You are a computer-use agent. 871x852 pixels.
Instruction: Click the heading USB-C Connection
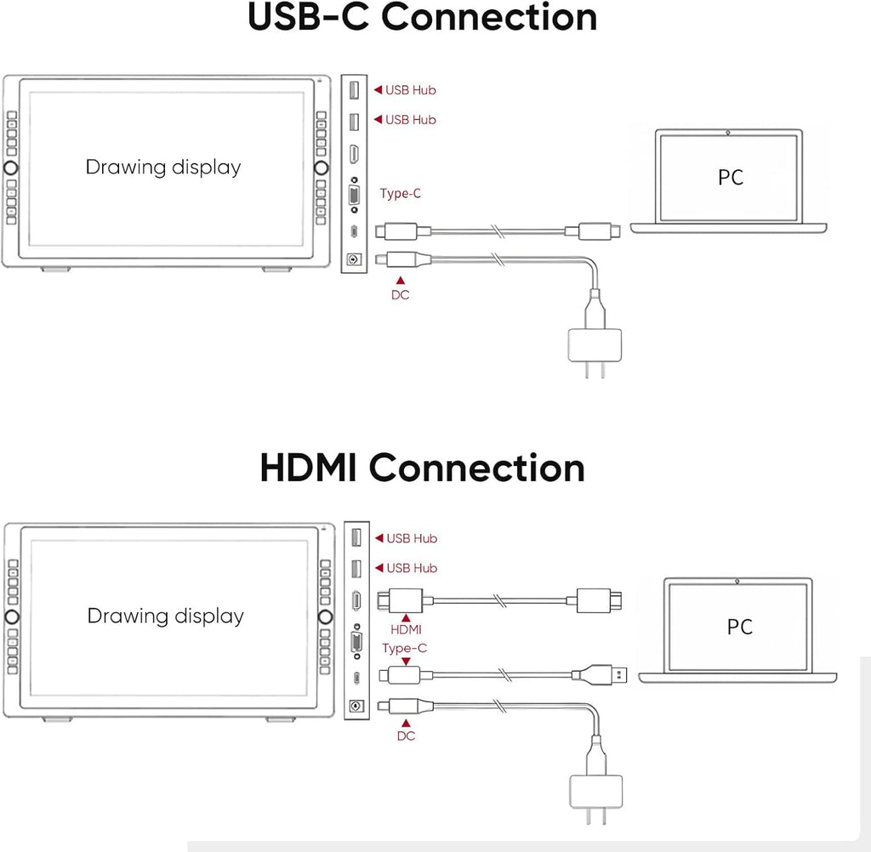pos(422,19)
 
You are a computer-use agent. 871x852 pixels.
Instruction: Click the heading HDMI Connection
pos(422,468)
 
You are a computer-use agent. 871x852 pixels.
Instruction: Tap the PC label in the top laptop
pos(730,178)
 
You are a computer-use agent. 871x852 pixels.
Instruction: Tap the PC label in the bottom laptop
pos(739,627)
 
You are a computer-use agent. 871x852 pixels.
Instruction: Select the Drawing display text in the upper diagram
pos(163,168)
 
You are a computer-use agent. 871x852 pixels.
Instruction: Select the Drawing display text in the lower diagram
pos(166,616)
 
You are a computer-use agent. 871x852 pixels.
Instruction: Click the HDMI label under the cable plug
pos(406,630)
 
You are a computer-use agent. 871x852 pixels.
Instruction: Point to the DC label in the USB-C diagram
pos(400,296)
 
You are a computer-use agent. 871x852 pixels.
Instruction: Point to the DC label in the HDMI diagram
pos(406,736)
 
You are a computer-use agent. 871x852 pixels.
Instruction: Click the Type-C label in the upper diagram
pos(401,194)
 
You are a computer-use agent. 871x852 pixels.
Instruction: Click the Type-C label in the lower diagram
pos(405,648)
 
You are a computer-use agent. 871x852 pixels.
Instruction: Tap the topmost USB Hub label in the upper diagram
pos(410,90)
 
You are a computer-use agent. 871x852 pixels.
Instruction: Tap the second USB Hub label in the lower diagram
pos(412,568)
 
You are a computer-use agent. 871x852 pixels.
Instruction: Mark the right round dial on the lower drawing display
pos(326,616)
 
